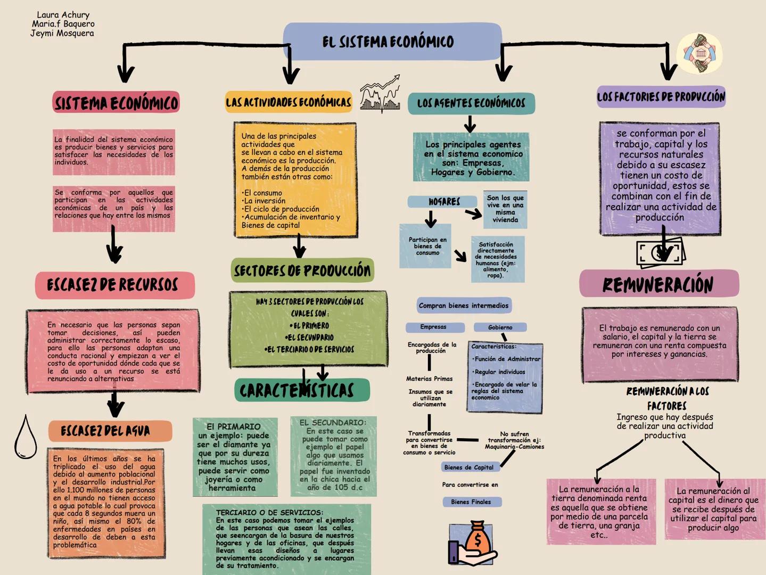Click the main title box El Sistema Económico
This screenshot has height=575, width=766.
(392, 42)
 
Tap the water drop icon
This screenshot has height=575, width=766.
(25, 438)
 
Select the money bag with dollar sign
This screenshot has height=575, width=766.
(473, 544)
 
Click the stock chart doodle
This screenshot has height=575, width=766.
(380, 94)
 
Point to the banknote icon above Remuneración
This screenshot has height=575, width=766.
(660, 252)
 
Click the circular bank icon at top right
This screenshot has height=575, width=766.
(699, 54)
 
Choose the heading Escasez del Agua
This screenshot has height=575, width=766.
(110, 431)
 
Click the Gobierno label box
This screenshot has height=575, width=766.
(500, 327)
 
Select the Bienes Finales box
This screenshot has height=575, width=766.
(471, 502)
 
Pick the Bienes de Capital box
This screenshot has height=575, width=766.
(468, 467)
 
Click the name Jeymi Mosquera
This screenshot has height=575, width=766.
(62, 33)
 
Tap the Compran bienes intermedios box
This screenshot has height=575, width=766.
(464, 306)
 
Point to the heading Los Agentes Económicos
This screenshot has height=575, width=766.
(471, 103)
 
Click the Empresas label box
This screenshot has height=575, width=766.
(434, 327)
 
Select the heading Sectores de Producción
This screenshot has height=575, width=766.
(302, 270)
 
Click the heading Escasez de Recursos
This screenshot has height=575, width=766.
(114, 285)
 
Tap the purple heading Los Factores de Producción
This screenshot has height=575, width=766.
(661, 97)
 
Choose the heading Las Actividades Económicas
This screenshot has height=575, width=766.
(289, 102)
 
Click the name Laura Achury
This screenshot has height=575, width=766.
(63, 15)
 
